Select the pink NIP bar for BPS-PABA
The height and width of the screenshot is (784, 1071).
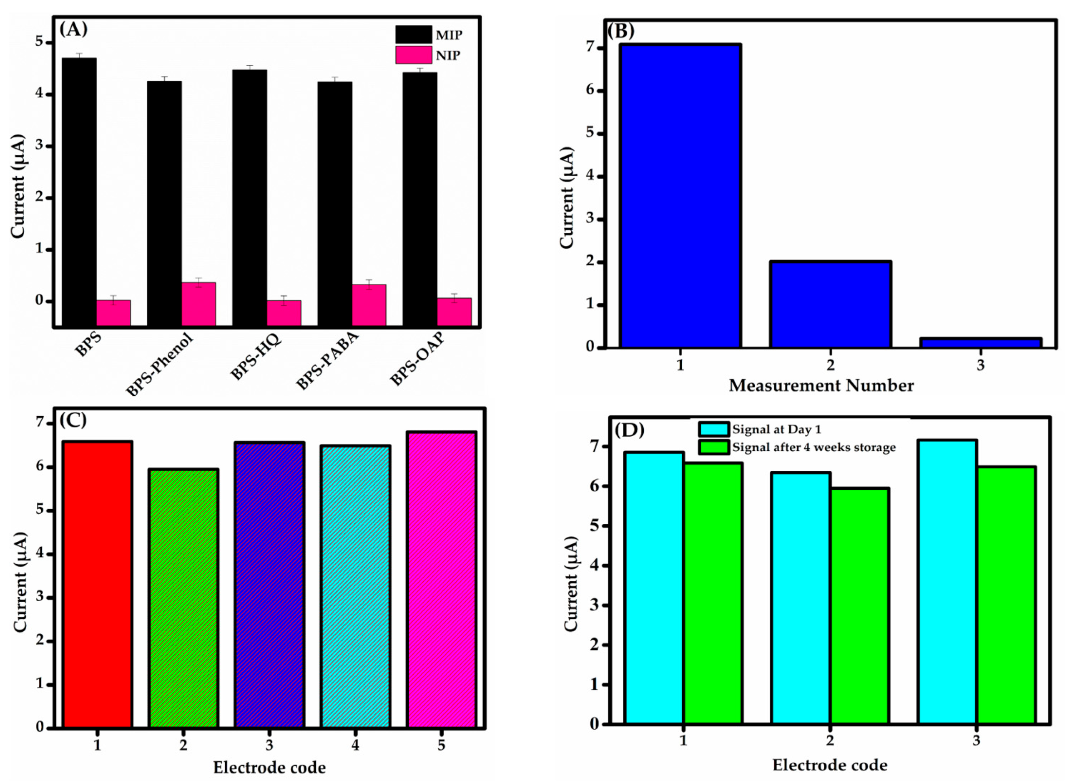tap(369, 305)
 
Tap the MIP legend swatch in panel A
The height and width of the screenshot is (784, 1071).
tap(414, 34)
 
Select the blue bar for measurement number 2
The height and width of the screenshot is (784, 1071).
tap(830, 304)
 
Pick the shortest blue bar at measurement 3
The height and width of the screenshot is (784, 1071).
tap(980, 342)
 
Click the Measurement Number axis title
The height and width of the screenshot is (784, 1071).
tap(821, 385)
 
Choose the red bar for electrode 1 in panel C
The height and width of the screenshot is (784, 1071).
tap(98, 584)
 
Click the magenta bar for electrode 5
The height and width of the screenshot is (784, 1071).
tap(441, 579)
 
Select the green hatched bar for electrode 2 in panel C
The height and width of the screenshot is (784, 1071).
tap(184, 598)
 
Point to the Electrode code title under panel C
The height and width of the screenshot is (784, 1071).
tap(269, 767)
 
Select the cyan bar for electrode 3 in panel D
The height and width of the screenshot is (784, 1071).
tap(947, 582)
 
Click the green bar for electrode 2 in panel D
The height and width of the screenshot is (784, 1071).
tap(859, 605)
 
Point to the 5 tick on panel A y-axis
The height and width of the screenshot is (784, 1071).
tap(40, 42)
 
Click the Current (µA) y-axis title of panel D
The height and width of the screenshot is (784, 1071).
tap(571, 584)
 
